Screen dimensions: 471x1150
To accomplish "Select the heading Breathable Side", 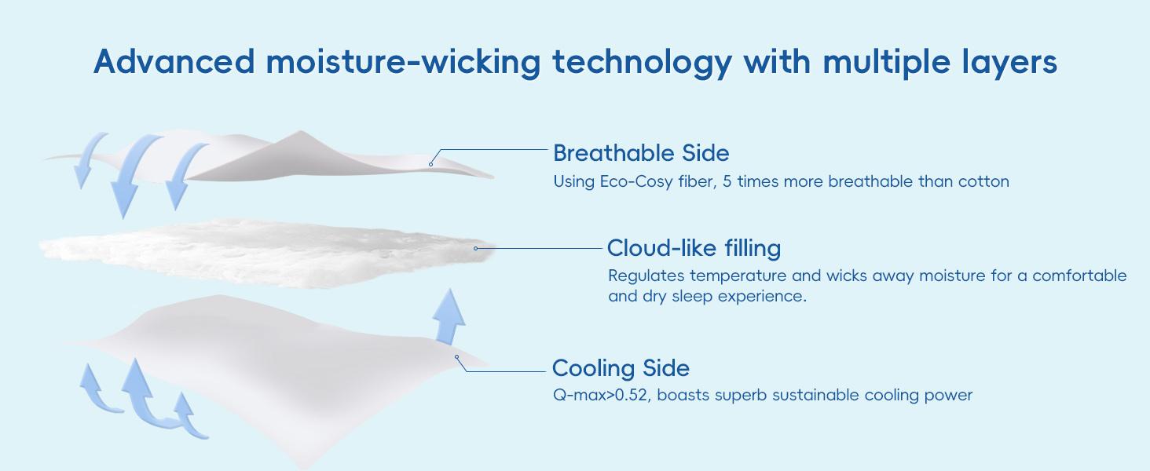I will click(x=641, y=152).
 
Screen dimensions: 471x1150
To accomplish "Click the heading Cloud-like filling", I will click(x=694, y=248).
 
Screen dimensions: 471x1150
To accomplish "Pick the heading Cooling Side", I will click(x=621, y=367).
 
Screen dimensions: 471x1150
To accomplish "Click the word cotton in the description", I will click(x=983, y=181).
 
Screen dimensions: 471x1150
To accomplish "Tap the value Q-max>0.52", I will click(x=600, y=395).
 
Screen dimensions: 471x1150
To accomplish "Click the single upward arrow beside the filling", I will click(x=449, y=316).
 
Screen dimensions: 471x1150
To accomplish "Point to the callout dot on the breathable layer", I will click(x=430, y=164).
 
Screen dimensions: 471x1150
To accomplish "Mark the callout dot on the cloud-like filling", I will click(x=476, y=248).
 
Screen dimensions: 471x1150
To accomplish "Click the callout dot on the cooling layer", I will click(x=456, y=357).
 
